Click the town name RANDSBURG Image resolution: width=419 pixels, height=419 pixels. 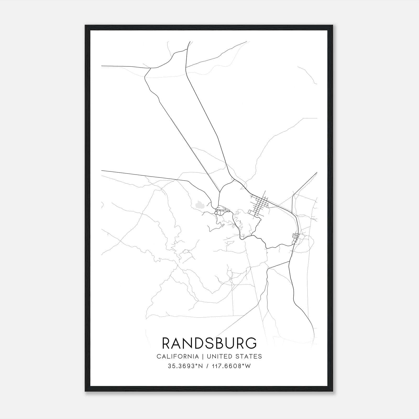[210, 343]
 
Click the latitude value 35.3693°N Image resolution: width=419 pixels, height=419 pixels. [186, 366]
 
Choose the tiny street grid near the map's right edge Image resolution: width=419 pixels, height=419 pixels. [296, 237]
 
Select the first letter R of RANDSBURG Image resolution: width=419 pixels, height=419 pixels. [167, 343]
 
